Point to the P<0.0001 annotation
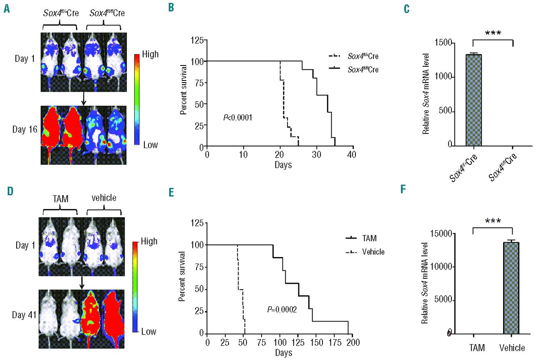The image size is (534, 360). pyautogui.click(x=238, y=118)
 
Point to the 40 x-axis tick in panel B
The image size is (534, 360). pyautogui.click(x=353, y=154)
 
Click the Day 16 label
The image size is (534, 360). pyautogui.click(x=26, y=129)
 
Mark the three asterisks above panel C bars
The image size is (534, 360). pyautogui.click(x=492, y=33)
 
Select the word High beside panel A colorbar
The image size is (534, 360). pyautogui.click(x=150, y=55)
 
